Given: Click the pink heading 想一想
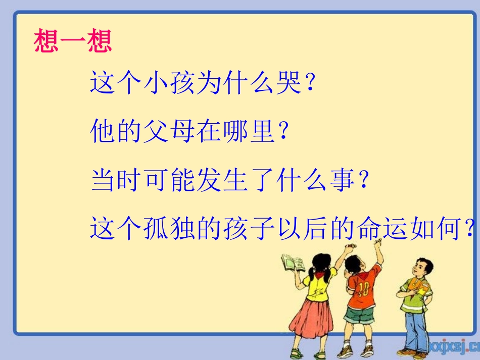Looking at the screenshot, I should click(73, 41).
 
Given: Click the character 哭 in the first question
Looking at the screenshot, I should click(291, 82).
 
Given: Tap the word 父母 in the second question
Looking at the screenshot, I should click(164, 131).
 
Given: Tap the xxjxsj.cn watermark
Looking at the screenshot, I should click(453, 345).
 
